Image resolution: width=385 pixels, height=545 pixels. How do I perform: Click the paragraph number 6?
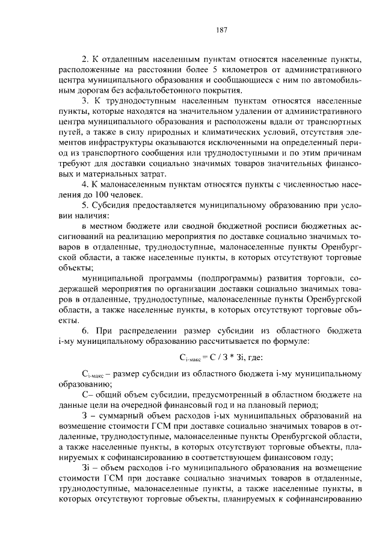click(x=84, y=331)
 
